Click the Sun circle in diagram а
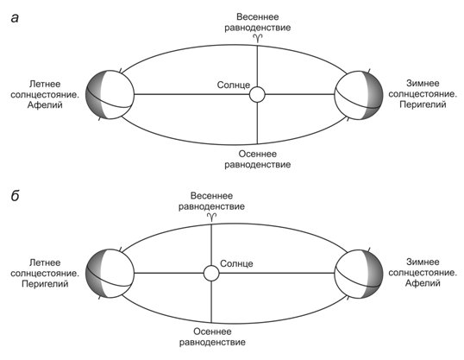[x=257, y=94]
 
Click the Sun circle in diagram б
[x=211, y=273]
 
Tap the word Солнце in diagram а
[x=234, y=85]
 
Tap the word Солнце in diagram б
[x=236, y=263]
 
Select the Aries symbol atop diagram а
[x=258, y=37]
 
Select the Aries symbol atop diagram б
[x=211, y=217]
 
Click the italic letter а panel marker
[x=15, y=18]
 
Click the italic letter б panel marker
[x=15, y=196]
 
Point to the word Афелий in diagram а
[x=45, y=105]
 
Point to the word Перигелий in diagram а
[x=423, y=104]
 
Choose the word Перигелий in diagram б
[x=45, y=284]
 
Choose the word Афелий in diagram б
[x=423, y=283]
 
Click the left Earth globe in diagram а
[x=110, y=94]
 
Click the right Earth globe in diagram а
[x=359, y=95]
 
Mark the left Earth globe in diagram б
[x=110, y=273]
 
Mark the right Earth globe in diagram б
[x=359, y=274]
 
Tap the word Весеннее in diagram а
[x=258, y=17]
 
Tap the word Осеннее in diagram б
[x=212, y=332]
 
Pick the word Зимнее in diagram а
[x=423, y=83]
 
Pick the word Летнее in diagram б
[x=45, y=262]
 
